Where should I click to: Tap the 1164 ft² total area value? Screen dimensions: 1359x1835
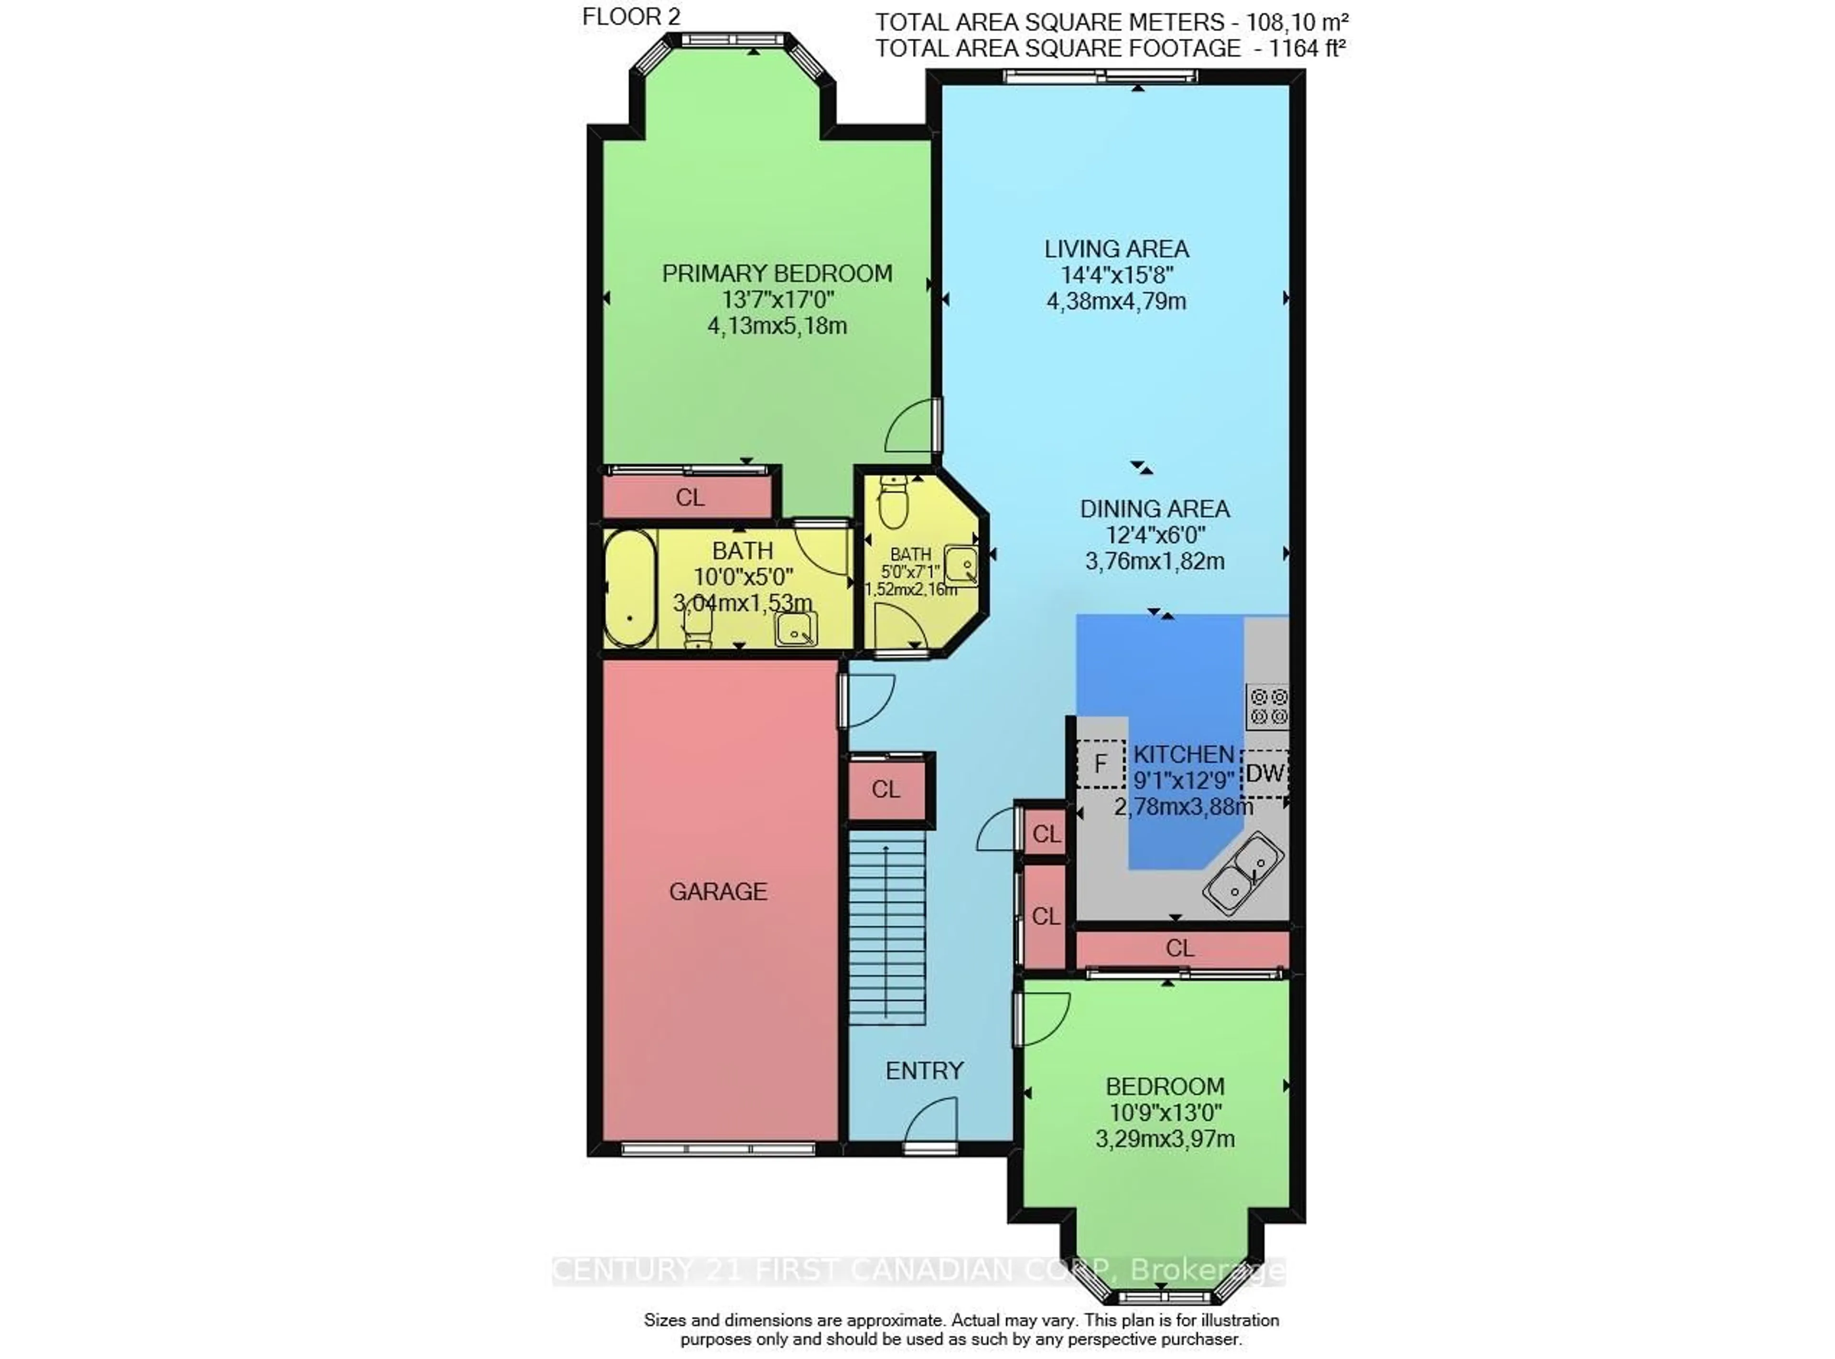(1306, 49)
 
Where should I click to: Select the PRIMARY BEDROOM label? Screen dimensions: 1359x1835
(777, 274)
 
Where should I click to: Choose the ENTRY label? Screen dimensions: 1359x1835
(924, 1070)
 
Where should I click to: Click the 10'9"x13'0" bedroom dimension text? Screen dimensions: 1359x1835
(1165, 1113)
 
